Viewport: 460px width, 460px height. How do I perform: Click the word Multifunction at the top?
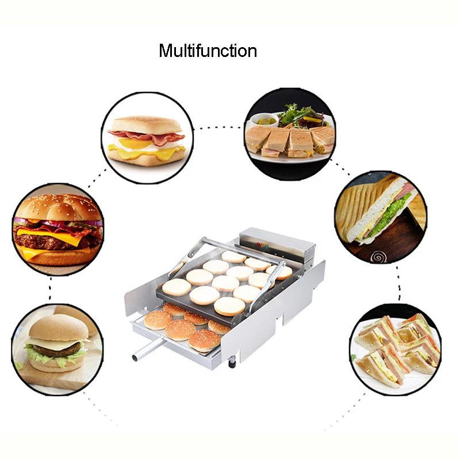[208, 51]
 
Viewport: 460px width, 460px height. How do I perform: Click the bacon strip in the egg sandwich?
[147, 136]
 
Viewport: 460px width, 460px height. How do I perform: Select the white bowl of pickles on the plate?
[264, 120]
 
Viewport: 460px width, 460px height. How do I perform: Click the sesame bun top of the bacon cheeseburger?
[58, 206]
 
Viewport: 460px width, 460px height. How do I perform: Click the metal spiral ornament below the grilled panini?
[378, 257]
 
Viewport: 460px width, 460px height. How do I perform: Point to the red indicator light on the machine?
[258, 244]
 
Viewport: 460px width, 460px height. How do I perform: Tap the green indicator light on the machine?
[266, 247]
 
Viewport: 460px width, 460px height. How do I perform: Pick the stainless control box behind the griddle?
[278, 243]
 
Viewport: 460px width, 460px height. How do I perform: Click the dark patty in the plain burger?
[57, 350]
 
